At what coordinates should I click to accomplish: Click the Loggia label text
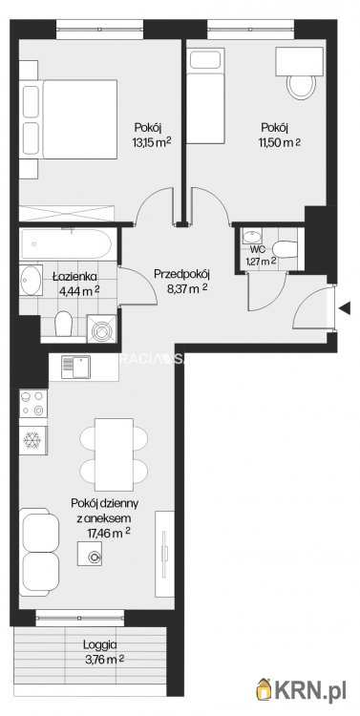[100, 644]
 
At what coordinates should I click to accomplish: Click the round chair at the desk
[300, 88]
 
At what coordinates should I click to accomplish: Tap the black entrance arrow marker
[345, 307]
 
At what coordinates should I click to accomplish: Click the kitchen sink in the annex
[76, 366]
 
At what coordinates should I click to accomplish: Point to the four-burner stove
[32, 404]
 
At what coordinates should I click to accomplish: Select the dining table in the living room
[114, 453]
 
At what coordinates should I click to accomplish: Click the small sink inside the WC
[249, 236]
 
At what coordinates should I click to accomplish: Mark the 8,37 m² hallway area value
[181, 288]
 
